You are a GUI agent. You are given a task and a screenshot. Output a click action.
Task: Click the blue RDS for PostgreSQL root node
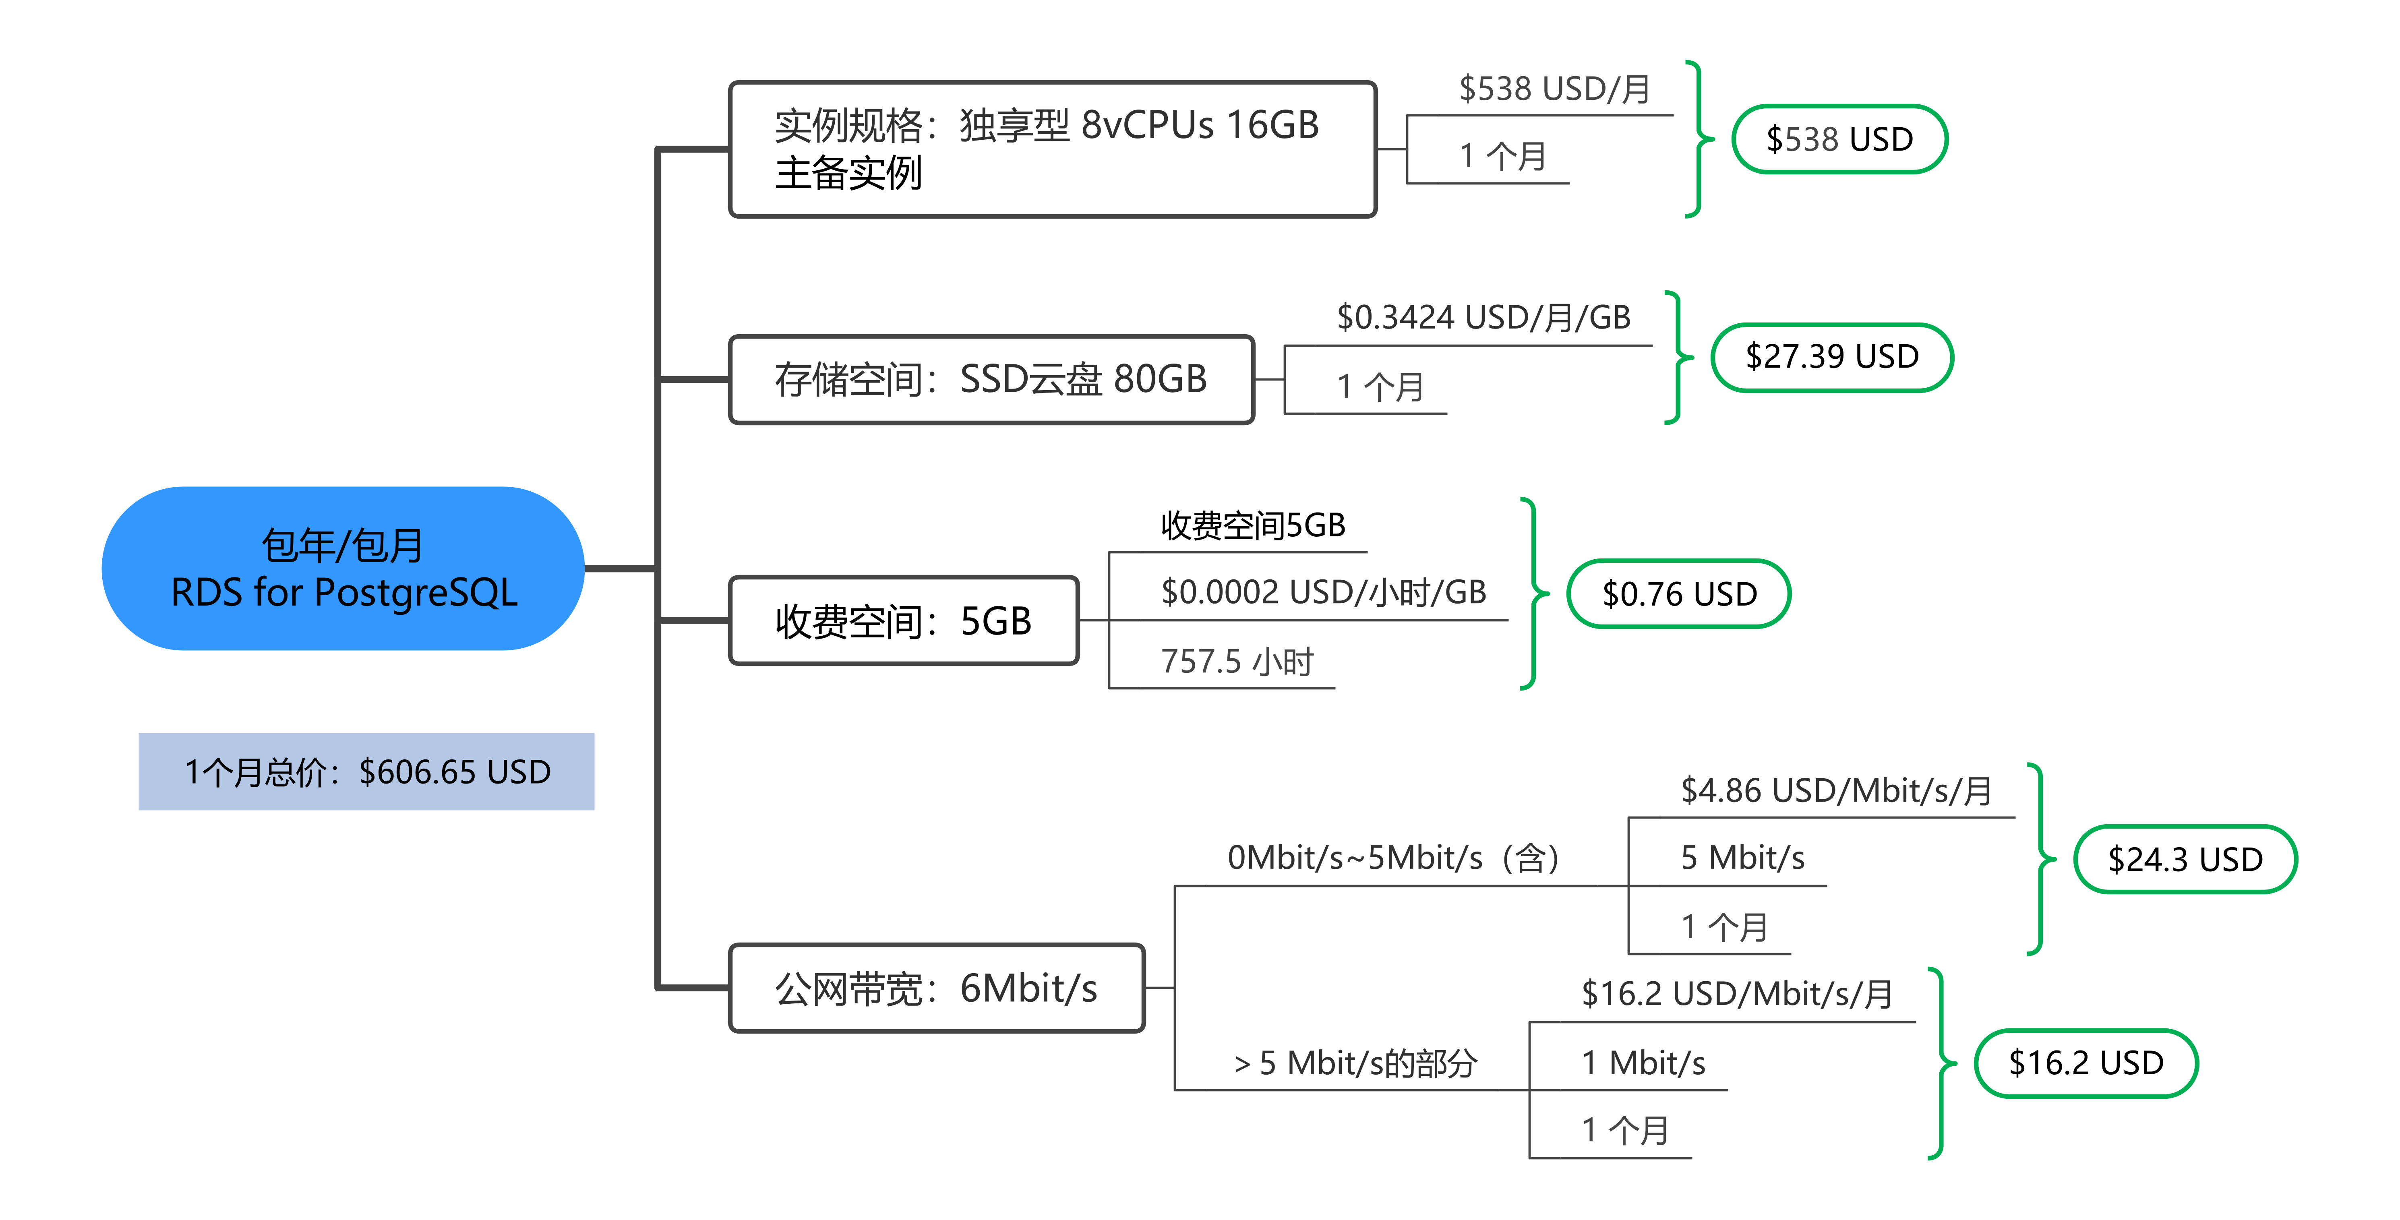(343, 568)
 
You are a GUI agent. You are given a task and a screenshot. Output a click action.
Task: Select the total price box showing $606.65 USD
(366, 771)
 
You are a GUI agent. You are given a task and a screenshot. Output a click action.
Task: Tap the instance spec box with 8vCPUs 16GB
(1053, 149)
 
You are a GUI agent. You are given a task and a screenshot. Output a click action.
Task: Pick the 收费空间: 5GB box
(904, 620)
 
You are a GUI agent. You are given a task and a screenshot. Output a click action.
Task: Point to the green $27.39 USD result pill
(1832, 357)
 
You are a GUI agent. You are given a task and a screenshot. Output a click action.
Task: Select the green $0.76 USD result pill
(1679, 593)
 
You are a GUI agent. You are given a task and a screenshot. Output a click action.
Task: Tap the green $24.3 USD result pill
(2185, 859)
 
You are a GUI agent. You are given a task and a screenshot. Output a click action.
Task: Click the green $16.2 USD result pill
(2086, 1063)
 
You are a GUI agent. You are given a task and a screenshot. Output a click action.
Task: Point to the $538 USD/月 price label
(1554, 89)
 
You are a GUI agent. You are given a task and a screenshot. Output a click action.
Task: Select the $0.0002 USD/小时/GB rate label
(1323, 591)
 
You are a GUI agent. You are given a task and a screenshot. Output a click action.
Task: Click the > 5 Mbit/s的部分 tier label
(1355, 1063)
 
